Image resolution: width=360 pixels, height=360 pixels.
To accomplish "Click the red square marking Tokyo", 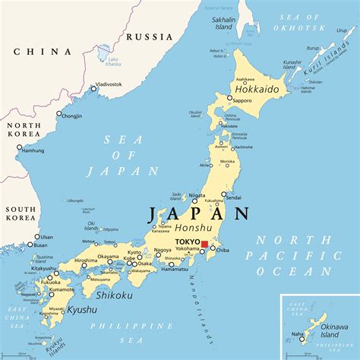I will (204, 245).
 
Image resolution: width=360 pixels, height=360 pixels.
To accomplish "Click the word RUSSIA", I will (149, 36).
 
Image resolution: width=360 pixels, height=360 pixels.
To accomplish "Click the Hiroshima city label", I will (85, 261).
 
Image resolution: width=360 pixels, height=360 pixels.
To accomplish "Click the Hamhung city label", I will (32, 150).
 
